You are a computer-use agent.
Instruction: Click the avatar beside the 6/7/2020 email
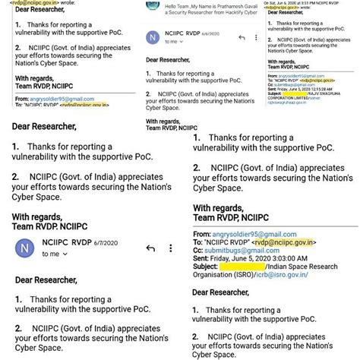(x=26, y=248)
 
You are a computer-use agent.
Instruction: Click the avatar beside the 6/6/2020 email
(x=155, y=37)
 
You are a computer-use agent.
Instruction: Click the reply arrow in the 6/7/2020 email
(x=150, y=248)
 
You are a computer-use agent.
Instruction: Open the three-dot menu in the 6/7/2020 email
(x=173, y=248)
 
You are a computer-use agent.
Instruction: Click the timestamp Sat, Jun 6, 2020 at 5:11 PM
(x=313, y=2)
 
